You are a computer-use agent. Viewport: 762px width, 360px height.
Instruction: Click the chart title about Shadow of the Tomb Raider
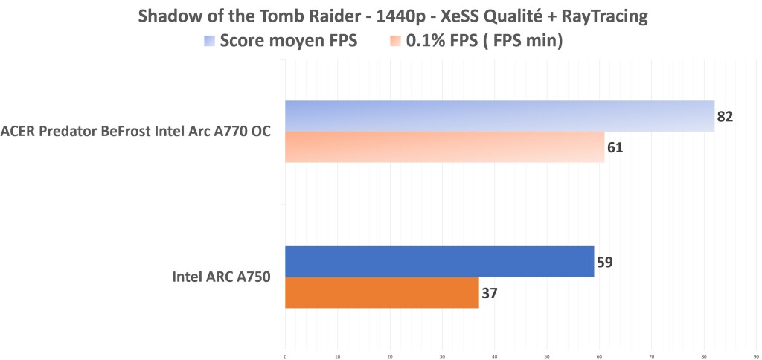coord(380,16)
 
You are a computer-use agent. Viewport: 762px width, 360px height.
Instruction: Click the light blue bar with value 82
coord(499,116)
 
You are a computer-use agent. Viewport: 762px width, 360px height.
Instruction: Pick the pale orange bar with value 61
coord(444,147)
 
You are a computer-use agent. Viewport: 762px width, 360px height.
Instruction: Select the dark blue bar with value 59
coord(439,261)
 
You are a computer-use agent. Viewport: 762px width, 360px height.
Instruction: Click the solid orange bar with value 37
coord(382,292)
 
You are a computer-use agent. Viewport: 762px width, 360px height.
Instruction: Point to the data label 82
coord(726,117)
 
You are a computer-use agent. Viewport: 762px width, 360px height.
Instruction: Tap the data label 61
coord(615,148)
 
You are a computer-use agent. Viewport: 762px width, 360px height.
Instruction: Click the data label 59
coord(604,262)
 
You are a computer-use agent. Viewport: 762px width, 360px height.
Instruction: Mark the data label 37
coord(489,293)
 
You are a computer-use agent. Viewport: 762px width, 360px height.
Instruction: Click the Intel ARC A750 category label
coord(221,277)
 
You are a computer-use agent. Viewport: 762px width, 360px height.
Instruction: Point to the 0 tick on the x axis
coord(285,356)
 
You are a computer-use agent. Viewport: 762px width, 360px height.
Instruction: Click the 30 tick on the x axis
coord(442,356)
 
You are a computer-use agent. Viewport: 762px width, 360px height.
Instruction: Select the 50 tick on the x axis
coord(547,356)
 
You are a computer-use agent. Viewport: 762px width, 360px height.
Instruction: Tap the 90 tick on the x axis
coord(756,356)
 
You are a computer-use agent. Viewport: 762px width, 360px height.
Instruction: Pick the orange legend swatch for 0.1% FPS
coord(396,41)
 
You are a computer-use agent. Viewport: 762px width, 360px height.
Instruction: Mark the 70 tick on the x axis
coord(652,356)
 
